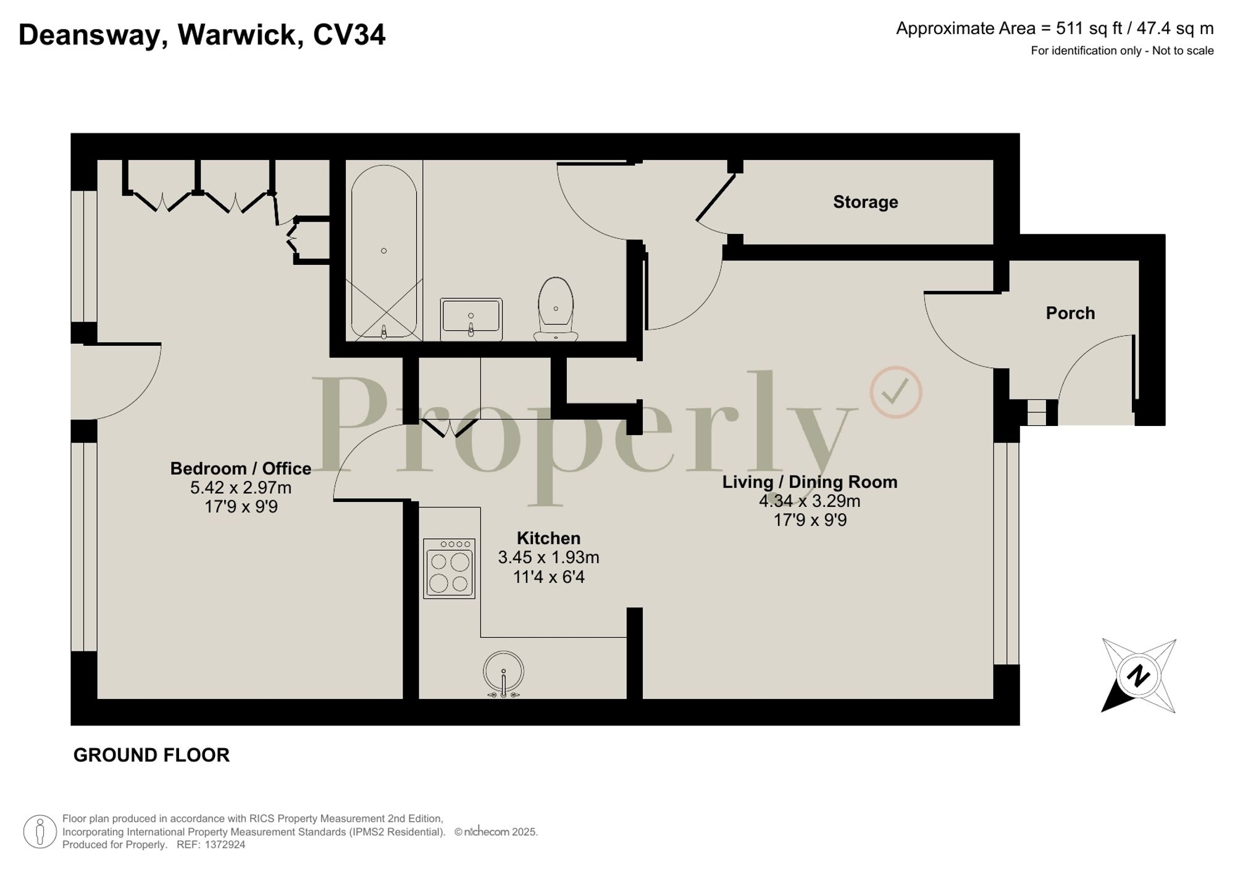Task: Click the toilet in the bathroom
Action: (556, 309)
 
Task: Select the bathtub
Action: (384, 252)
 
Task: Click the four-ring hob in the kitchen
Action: (449, 569)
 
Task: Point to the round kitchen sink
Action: (504, 672)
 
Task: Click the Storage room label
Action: (865, 202)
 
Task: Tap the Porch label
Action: (1070, 313)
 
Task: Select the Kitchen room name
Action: (548, 538)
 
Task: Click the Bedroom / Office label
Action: (240, 469)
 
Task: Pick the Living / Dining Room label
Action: (810, 482)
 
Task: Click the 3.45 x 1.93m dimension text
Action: (548, 558)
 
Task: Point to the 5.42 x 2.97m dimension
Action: (240, 488)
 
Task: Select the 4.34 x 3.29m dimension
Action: (810, 501)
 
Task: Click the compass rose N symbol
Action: (1138, 675)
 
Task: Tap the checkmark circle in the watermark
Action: (896, 393)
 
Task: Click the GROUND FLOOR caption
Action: (151, 755)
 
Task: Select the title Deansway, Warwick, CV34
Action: (202, 35)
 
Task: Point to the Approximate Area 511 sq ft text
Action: (1054, 28)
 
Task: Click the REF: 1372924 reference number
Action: (211, 845)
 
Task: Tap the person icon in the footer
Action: (40, 832)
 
